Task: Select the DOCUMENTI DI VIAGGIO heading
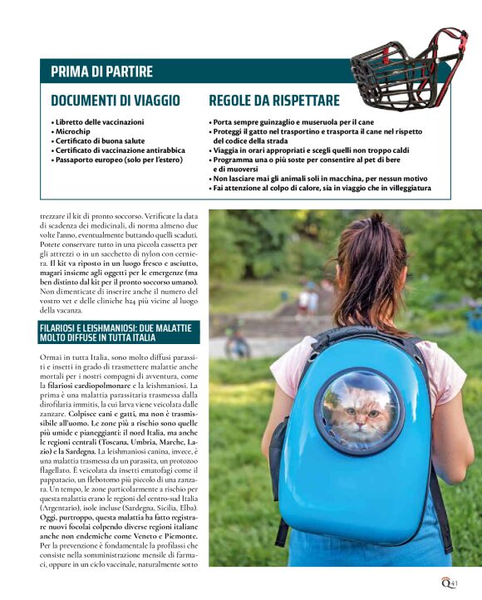(x=116, y=101)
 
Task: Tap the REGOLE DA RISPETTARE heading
(x=273, y=101)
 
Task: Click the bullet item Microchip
(x=74, y=131)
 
